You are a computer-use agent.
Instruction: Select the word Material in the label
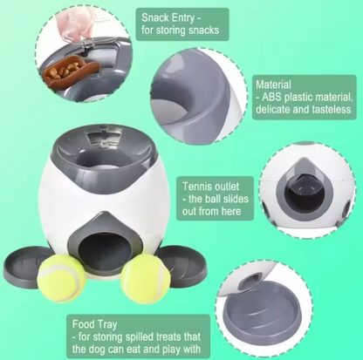(x=273, y=85)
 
